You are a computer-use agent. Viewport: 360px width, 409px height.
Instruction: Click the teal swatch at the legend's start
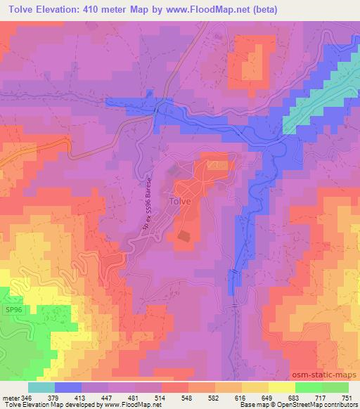pyautogui.click(x=41, y=387)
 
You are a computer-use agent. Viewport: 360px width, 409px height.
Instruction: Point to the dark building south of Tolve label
pyautogui.click(x=185, y=238)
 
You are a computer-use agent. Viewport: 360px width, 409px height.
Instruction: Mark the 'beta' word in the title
pyautogui.click(x=266, y=9)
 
